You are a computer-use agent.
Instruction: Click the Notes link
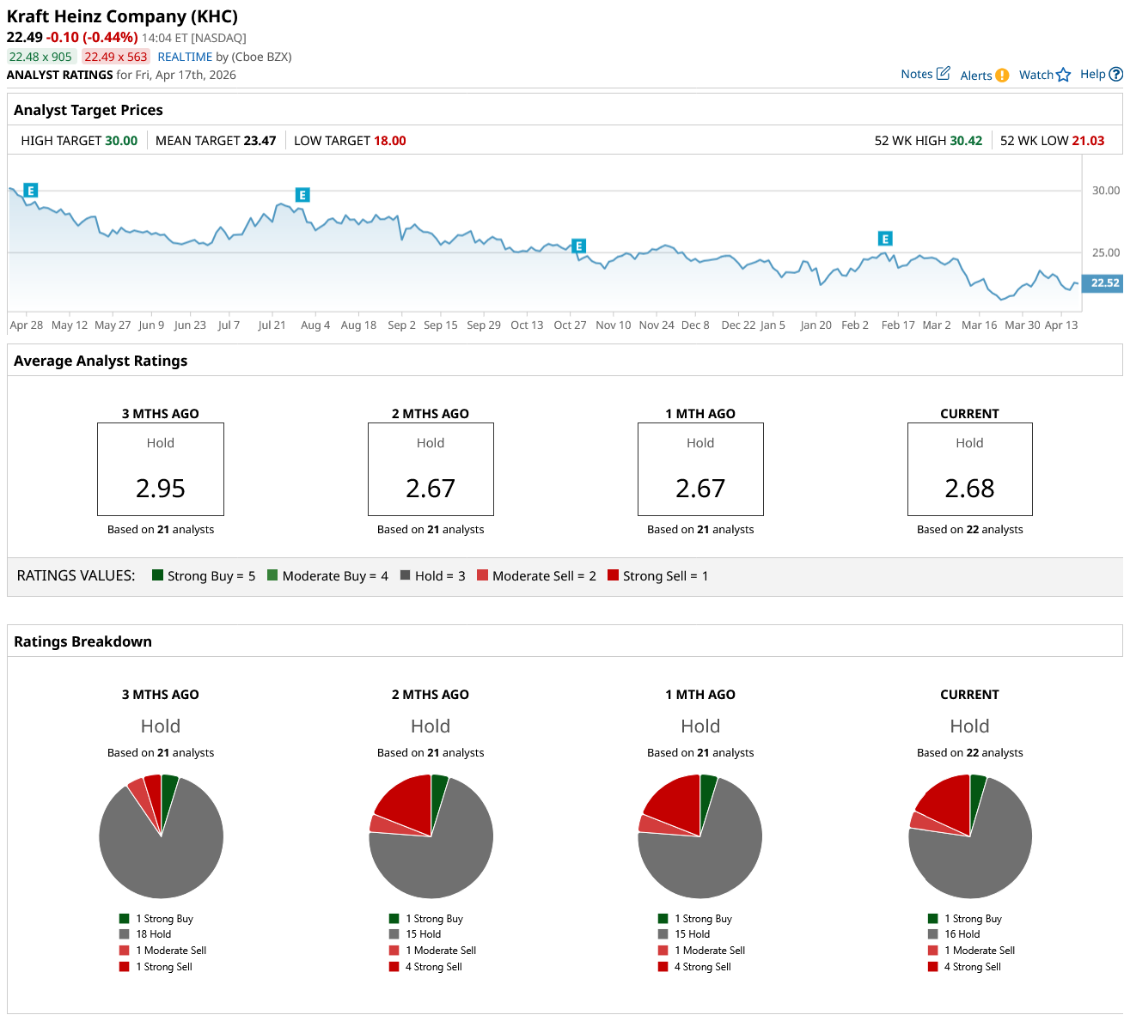925,74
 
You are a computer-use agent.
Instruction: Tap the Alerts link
984,76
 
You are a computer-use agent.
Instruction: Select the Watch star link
1044,75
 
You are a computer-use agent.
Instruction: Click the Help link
1100,74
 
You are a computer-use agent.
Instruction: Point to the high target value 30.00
121,141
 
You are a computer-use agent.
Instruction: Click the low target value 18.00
389,141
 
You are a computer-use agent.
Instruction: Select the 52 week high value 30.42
965,141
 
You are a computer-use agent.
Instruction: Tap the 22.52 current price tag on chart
1104,283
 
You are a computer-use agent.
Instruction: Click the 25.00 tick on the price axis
1105,252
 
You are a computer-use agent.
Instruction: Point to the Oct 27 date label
570,325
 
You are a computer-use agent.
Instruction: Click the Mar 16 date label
979,325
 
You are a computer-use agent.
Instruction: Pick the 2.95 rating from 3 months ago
161,489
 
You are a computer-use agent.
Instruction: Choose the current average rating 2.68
969,489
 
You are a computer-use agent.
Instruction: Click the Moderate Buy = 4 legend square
272,575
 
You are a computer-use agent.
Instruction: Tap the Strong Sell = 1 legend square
613,575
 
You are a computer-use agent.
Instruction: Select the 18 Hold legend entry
153,934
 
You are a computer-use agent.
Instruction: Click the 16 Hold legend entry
962,934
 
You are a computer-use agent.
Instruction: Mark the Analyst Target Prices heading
89,110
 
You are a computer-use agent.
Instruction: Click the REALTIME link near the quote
185,57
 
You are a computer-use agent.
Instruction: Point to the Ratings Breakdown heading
82,641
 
